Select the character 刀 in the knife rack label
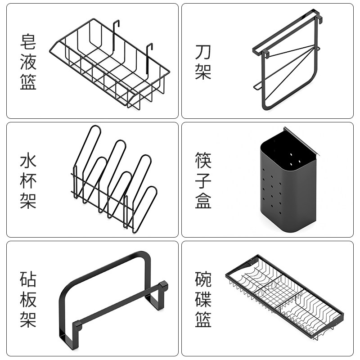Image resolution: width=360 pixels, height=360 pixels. (203, 52)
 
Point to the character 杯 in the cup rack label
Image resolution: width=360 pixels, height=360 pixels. (28, 180)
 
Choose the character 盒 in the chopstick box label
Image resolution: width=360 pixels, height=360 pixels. (203, 200)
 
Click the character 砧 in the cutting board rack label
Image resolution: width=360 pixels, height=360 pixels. (28, 279)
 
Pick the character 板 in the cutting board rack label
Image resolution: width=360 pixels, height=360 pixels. (28, 299)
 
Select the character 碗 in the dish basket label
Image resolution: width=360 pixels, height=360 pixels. (203, 279)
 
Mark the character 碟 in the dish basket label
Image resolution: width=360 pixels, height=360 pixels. (203, 299)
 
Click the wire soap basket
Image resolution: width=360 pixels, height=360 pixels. (110, 63)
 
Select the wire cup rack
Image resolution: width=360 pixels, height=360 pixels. (115, 180)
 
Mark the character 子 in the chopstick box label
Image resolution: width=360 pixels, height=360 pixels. (203, 180)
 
